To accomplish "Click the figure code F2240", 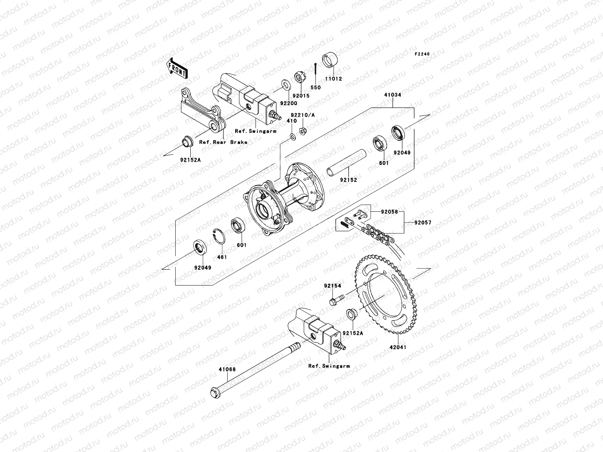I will click(422, 54).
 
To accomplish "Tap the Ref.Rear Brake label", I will click(223, 142).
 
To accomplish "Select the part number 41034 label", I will click(393, 95).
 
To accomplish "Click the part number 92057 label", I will click(422, 223).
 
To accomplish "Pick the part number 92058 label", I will click(389, 212).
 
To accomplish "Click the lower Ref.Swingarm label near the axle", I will click(329, 366).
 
